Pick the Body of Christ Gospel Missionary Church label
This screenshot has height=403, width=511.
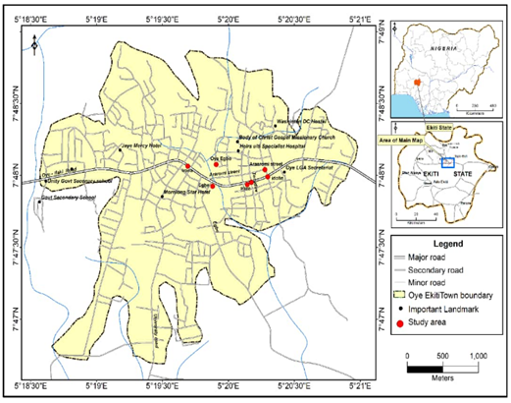pos(286,137)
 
